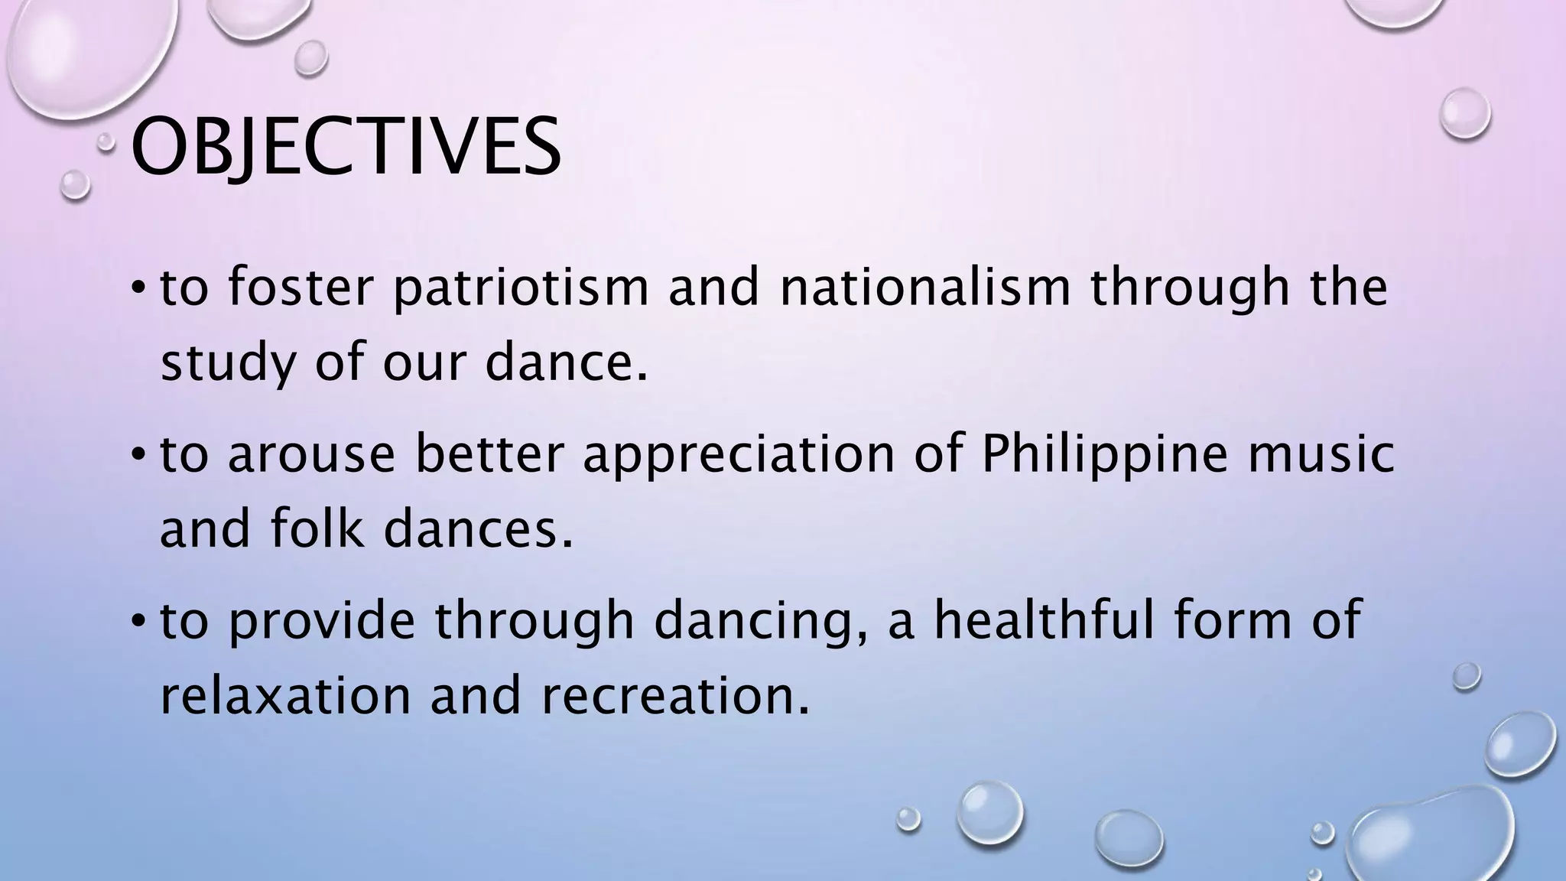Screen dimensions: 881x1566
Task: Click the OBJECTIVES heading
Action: tap(346, 147)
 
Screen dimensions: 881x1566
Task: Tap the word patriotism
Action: tap(521, 288)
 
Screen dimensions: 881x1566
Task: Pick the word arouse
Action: tap(311, 454)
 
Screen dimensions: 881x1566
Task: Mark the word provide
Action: tap(322, 622)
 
